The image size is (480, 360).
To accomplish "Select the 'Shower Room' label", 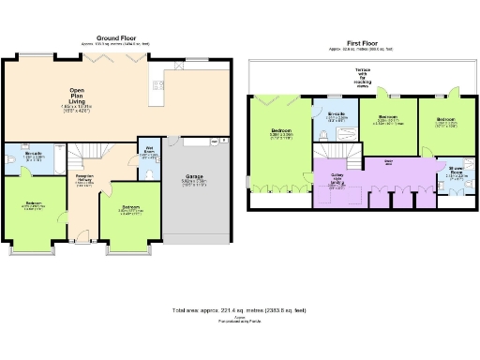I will (454, 172).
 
